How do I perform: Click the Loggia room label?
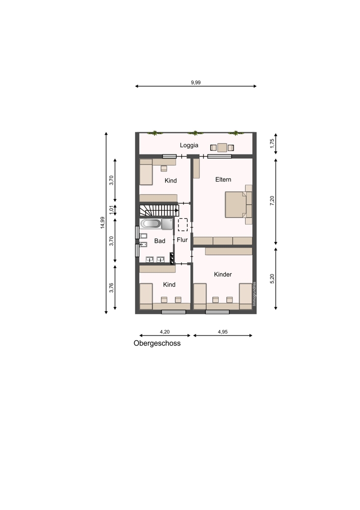189,145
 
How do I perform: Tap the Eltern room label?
223,180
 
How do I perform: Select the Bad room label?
160,241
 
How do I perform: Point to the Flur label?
182,240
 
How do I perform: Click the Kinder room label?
223,274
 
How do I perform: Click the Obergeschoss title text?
157,343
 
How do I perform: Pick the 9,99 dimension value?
196,82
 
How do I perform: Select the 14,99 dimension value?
103,222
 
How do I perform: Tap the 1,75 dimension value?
272,143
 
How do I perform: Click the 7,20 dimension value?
272,200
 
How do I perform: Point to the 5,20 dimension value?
272,279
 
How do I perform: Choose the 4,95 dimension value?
223,332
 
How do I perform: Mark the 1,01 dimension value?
111,210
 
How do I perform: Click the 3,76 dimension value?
111,288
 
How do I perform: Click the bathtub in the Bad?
150,224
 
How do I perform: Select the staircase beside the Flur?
159,211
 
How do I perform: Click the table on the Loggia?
222,148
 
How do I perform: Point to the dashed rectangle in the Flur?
183,224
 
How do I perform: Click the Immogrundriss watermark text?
254,294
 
